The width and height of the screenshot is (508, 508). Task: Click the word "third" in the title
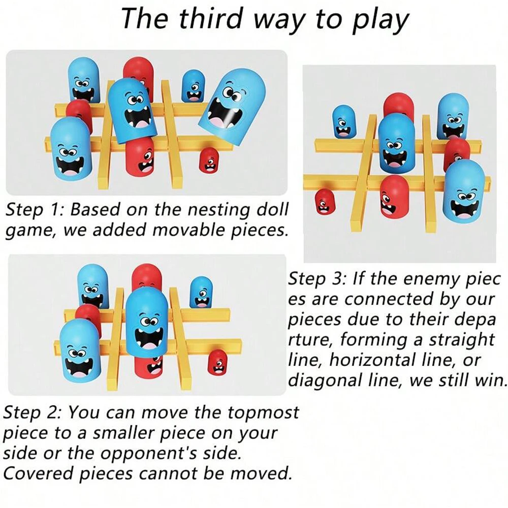[x=209, y=19]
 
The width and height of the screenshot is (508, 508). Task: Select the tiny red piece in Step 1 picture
[x=208, y=160]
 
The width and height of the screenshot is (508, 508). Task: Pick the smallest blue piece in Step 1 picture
[x=194, y=85]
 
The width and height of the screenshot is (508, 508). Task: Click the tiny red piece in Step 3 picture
[x=323, y=201]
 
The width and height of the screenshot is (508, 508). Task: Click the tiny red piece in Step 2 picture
[x=217, y=362]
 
